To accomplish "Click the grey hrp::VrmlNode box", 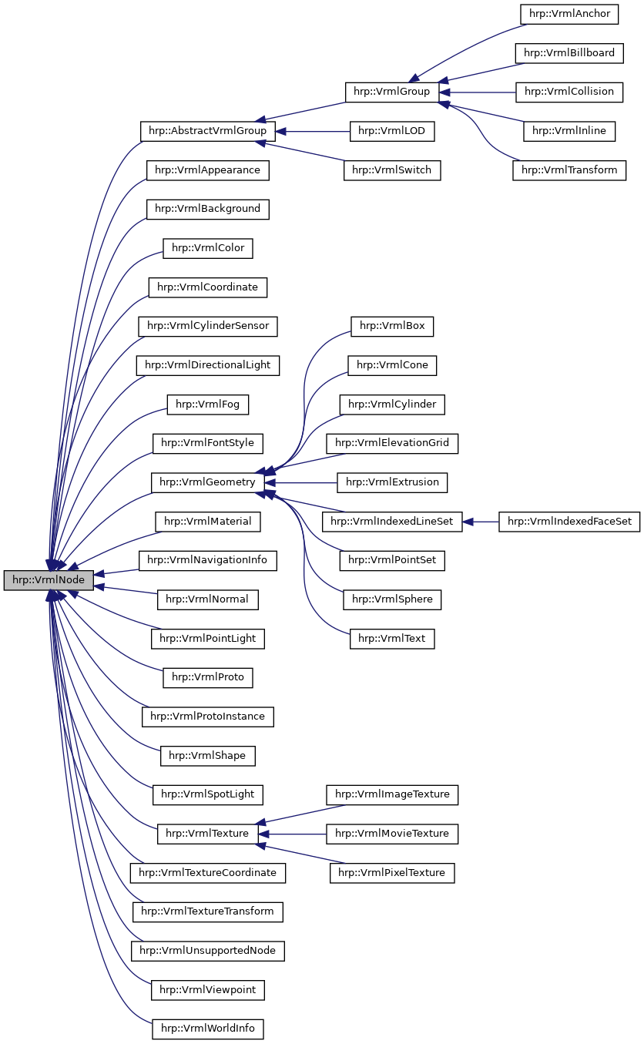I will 49,580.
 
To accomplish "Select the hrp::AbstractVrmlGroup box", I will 203,131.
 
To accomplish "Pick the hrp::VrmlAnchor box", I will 569,13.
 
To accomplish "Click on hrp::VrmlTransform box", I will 569,170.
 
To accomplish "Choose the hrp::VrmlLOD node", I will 392,131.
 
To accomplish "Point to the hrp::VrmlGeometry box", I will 206,482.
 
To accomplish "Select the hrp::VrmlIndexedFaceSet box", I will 569,522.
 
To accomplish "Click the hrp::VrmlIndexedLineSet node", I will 391,522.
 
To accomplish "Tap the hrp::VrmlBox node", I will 392,326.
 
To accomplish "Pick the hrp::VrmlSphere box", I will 392,599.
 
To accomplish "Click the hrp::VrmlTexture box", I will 207,834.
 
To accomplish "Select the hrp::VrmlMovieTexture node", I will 392,834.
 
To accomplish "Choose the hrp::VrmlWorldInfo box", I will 207,1029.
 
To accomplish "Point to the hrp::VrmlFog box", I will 207,404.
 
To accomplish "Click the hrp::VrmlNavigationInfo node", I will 207,560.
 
